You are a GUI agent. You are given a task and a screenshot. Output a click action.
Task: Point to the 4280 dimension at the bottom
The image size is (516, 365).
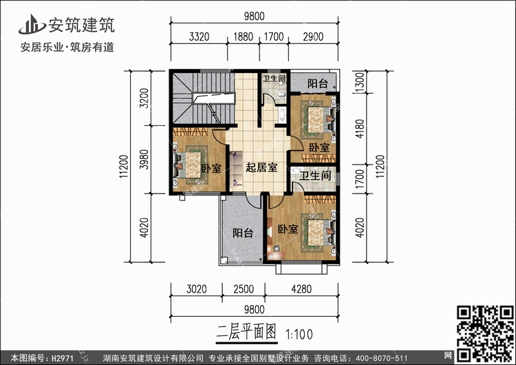coord(310,289)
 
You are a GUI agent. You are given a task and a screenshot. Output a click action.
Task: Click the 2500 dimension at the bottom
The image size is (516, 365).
coord(241,289)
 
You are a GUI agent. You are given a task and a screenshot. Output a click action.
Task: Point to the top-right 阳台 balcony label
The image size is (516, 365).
coord(317,83)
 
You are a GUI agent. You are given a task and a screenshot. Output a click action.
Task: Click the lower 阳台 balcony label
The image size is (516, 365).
coord(242,233)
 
